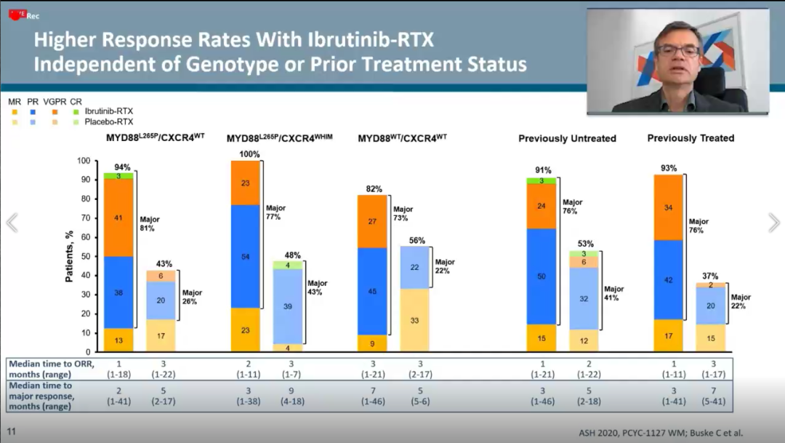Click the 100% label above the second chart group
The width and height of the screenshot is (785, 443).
tap(245, 155)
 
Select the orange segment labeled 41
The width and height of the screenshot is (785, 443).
tap(118, 217)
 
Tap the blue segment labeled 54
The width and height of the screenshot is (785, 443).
tap(245, 257)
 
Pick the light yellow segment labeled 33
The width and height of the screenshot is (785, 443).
tap(415, 320)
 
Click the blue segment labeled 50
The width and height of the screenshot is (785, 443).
tap(542, 276)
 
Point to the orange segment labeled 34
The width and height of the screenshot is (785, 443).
tap(668, 207)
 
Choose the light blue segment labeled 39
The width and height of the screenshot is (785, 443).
tap(287, 306)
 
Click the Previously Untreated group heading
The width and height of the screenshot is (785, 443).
tap(567, 138)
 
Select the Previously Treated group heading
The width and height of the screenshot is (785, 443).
tap(691, 138)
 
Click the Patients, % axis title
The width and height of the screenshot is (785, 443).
tap(71, 256)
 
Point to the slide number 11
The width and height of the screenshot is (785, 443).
tap(11, 431)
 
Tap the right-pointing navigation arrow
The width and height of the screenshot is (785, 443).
tap(773, 223)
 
